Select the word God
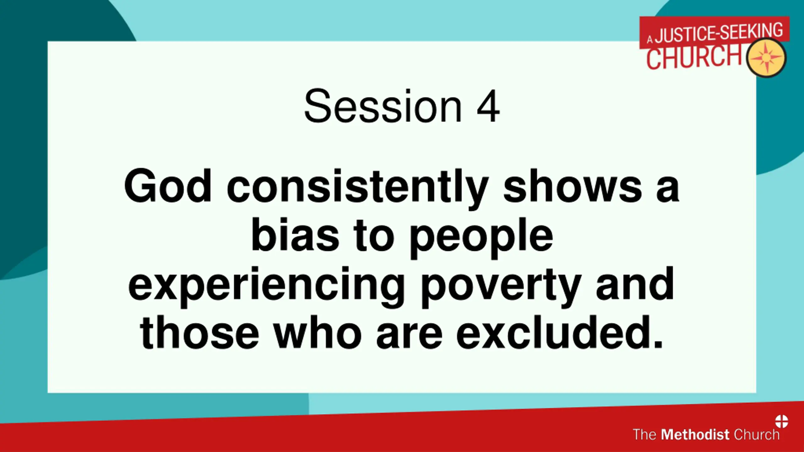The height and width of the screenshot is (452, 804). point(168,186)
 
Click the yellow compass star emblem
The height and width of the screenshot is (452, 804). point(766,58)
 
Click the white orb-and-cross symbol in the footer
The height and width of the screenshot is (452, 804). point(781,421)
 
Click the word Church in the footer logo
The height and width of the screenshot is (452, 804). point(757,434)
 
